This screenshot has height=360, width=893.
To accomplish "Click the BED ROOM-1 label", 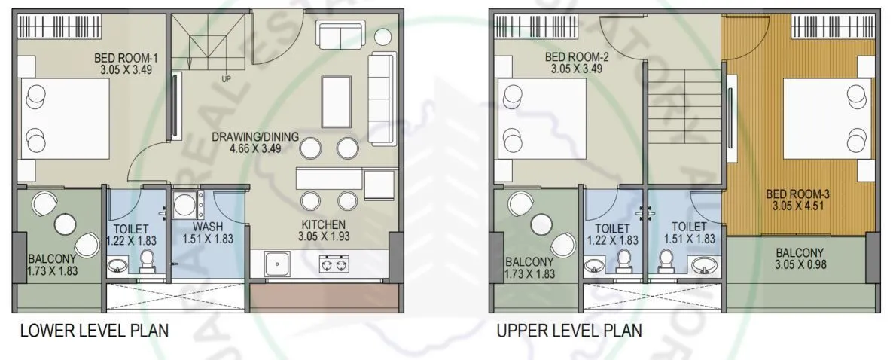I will [124, 63].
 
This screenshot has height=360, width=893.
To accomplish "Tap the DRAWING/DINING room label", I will [254, 143].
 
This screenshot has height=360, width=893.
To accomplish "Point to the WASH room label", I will [207, 233].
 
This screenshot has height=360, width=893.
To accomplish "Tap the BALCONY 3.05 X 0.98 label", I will [800, 258].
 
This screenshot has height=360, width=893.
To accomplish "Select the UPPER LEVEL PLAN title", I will [569, 331].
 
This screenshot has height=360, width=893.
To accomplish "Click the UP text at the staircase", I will [225, 78].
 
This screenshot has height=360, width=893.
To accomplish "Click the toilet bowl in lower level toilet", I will [148, 261].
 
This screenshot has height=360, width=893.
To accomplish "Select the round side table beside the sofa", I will [383, 37].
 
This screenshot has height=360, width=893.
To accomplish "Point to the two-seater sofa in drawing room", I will [340, 36].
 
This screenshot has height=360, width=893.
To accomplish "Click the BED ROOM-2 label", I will [576, 63].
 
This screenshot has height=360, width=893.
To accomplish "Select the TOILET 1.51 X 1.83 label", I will [688, 233].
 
